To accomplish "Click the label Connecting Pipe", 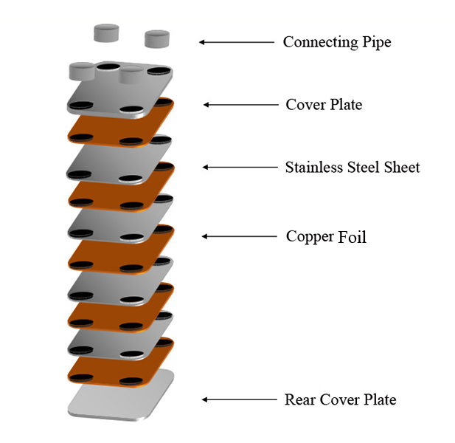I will click(336, 42).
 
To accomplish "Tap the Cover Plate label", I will click(324, 105).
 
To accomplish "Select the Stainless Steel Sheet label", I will click(352, 168).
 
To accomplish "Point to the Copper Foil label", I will click(326, 237).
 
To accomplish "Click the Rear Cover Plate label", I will click(340, 400).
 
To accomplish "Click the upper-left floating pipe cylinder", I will click(106, 32).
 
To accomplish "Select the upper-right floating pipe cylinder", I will click(157, 37).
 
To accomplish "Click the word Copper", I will click(310, 238).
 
